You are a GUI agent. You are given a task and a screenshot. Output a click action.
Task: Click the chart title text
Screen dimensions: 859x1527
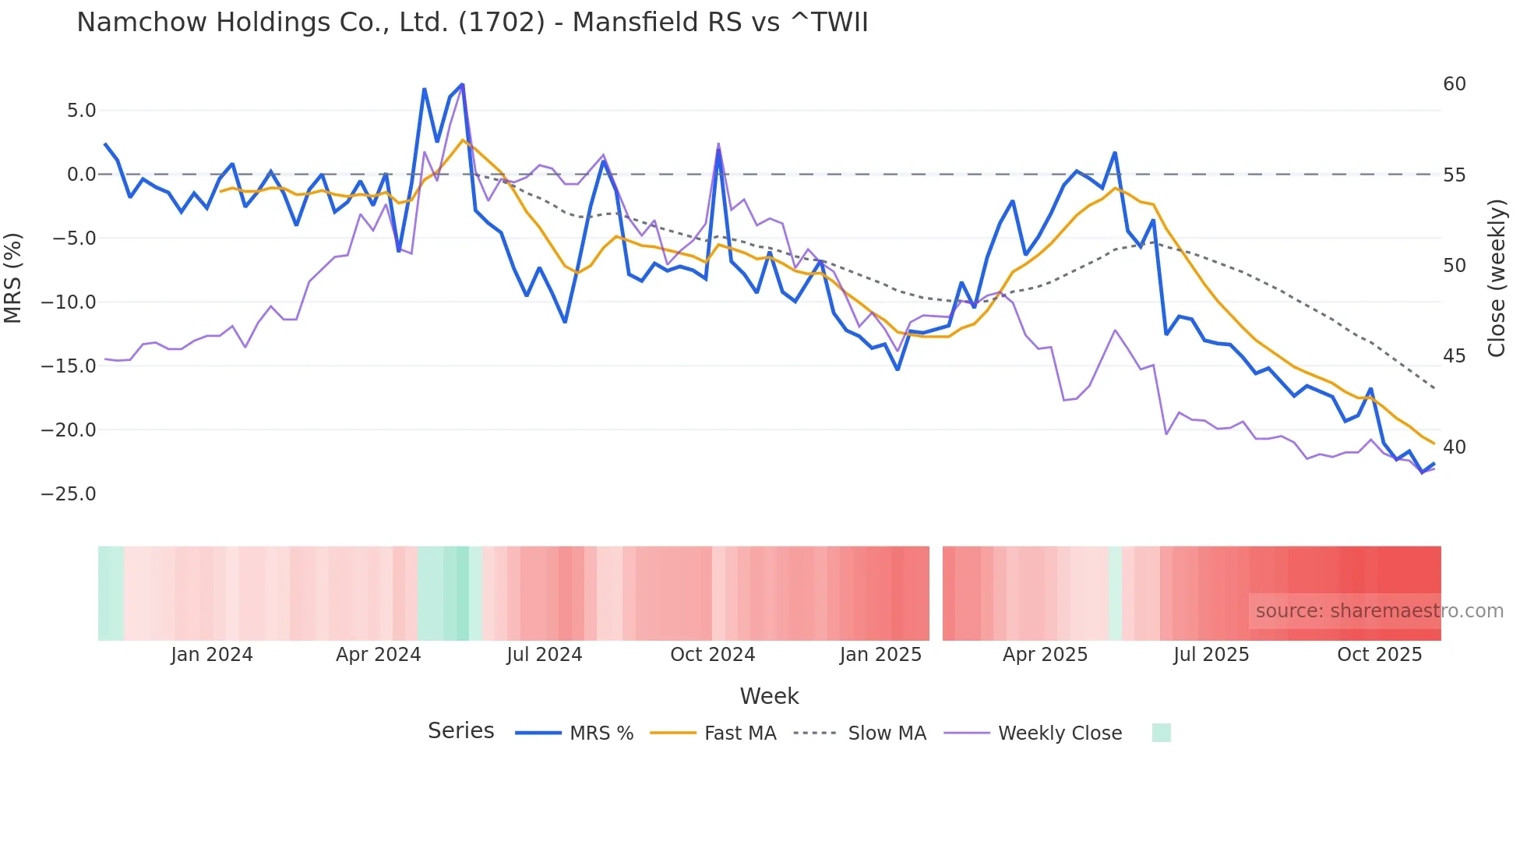pyautogui.click(x=472, y=23)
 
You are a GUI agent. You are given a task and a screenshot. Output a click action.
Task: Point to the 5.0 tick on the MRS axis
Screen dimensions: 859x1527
pyautogui.click(x=81, y=111)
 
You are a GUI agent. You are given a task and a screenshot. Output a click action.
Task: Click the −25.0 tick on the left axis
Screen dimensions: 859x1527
pyautogui.click(x=69, y=494)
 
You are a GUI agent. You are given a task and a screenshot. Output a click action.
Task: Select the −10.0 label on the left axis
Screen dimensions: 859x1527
pyautogui.click(x=69, y=302)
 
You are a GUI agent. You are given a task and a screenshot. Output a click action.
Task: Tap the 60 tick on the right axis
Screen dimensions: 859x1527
pyautogui.click(x=1454, y=84)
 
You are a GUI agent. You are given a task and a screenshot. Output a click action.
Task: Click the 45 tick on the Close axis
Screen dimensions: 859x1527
pyautogui.click(x=1454, y=356)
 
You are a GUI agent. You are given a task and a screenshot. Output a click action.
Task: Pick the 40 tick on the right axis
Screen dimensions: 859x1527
pyautogui.click(x=1454, y=447)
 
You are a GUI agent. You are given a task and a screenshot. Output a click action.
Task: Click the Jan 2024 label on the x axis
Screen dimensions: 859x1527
pyautogui.click(x=212, y=655)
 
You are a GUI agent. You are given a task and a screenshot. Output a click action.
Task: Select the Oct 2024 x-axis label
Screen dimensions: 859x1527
pyautogui.click(x=712, y=655)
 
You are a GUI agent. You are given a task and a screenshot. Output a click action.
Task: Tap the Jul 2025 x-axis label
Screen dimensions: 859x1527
pyautogui.click(x=1211, y=655)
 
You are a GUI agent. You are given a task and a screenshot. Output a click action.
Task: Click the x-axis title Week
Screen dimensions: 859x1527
pyautogui.click(x=769, y=696)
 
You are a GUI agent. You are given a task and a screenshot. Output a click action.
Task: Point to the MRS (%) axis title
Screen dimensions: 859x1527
pyautogui.click(x=13, y=278)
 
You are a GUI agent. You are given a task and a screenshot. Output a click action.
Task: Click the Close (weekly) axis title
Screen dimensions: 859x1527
pyautogui.click(x=1497, y=278)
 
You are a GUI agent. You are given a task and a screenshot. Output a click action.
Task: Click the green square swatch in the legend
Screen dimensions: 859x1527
pyautogui.click(x=1161, y=733)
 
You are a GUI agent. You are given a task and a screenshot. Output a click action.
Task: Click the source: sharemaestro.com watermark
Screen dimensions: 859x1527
pyautogui.click(x=1379, y=611)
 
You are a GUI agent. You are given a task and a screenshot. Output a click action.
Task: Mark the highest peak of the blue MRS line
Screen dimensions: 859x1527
pyautogui.click(x=463, y=84)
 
